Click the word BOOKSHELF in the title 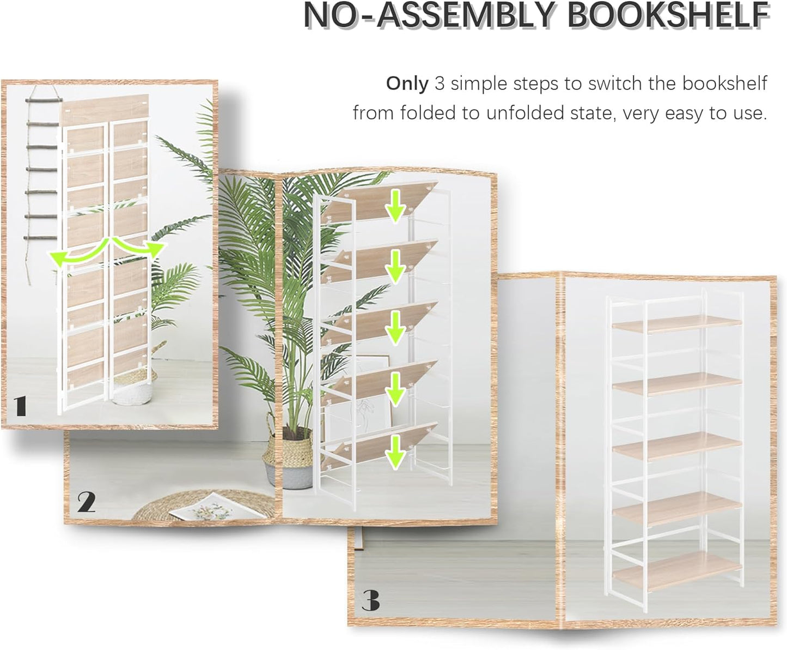[x=668, y=17]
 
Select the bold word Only [x=407, y=83]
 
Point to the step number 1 [x=20, y=406]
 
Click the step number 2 [x=86, y=502]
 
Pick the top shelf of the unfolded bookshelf [x=676, y=323]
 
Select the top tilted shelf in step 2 [x=376, y=202]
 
